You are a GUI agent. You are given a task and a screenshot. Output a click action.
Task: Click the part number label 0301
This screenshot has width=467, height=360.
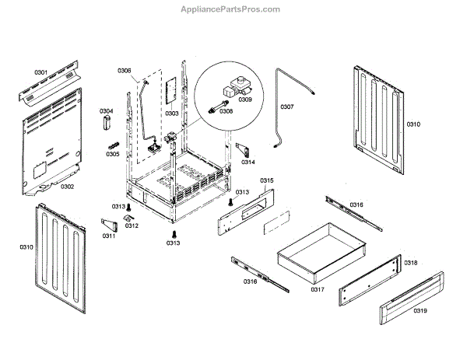(40, 72)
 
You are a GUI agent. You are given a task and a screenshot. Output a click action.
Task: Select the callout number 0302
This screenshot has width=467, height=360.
(67, 187)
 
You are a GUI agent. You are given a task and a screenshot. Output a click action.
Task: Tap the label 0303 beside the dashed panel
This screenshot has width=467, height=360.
(172, 114)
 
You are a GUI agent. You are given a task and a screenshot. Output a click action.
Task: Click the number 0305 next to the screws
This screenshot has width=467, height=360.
(113, 154)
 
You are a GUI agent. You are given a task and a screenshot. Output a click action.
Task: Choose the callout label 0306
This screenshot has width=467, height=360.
(125, 71)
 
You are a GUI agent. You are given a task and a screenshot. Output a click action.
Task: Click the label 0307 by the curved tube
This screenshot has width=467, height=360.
(287, 107)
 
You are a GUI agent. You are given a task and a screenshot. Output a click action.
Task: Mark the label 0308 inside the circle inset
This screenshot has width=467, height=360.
(226, 110)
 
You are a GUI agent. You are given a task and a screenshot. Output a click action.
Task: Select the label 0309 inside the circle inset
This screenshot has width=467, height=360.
(244, 100)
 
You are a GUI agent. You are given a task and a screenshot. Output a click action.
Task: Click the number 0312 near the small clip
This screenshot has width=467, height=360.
(132, 226)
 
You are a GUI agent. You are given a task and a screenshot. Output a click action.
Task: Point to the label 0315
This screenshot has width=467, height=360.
(267, 180)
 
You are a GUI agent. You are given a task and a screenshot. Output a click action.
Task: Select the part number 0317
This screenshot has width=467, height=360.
(317, 289)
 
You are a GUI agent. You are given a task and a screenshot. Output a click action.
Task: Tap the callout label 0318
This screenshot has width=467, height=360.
(410, 263)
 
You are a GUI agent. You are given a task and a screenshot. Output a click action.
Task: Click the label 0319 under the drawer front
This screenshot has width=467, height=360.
(420, 311)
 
